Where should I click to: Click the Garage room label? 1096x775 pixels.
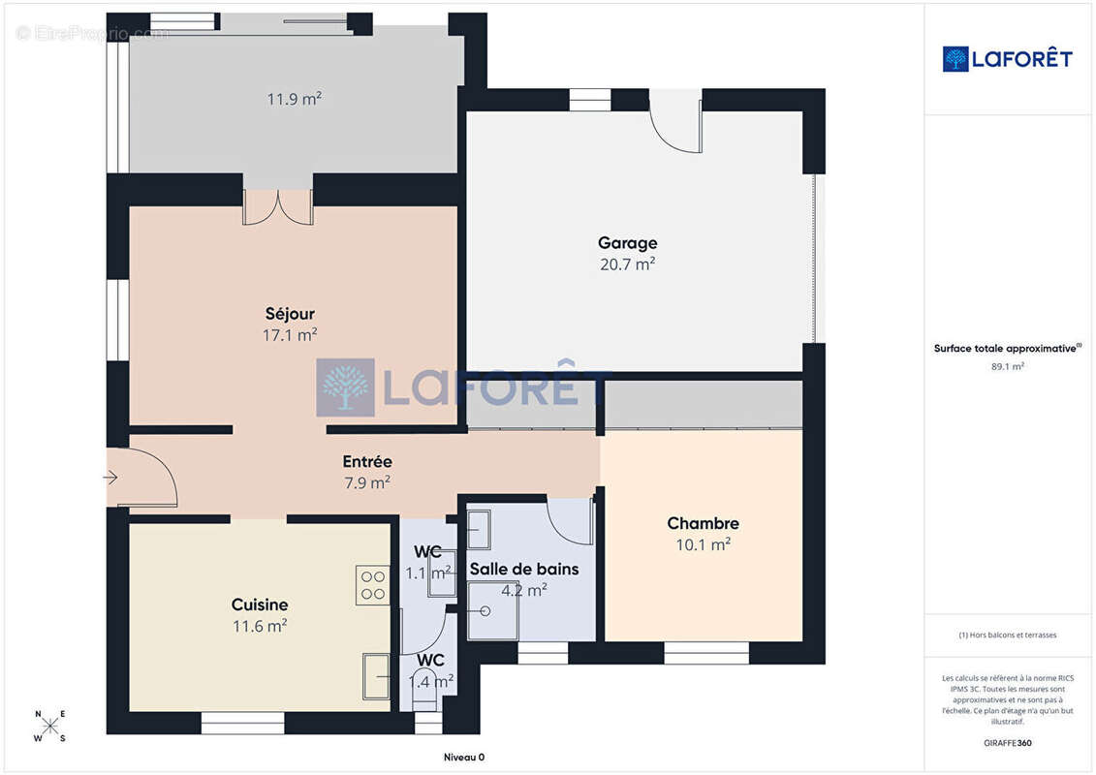click(x=627, y=243)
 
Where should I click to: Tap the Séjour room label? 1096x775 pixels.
click(x=290, y=314)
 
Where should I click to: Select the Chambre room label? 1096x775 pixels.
click(x=704, y=523)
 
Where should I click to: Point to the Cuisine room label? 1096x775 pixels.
click(x=260, y=604)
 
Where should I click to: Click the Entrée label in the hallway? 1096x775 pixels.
click(x=367, y=461)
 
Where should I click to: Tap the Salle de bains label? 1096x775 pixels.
click(x=524, y=569)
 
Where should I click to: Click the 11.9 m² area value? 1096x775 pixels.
click(x=295, y=99)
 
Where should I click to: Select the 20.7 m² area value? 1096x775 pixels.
click(x=628, y=264)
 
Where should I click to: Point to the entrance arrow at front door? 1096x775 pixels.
click(x=110, y=478)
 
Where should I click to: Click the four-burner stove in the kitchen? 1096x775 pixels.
click(x=372, y=585)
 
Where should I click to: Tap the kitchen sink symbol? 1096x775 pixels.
click(x=377, y=676)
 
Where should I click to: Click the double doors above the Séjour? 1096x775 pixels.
click(x=277, y=207)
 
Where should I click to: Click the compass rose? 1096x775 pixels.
click(x=50, y=727)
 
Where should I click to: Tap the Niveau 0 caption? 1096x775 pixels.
click(x=464, y=757)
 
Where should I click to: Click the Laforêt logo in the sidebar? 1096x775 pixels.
click(x=1007, y=59)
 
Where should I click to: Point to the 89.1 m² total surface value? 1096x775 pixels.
click(x=1007, y=366)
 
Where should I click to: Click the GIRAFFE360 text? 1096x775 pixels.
click(x=1007, y=743)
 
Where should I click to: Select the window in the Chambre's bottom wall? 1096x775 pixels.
click(x=706, y=653)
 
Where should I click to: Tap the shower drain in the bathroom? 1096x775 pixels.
click(x=485, y=610)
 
